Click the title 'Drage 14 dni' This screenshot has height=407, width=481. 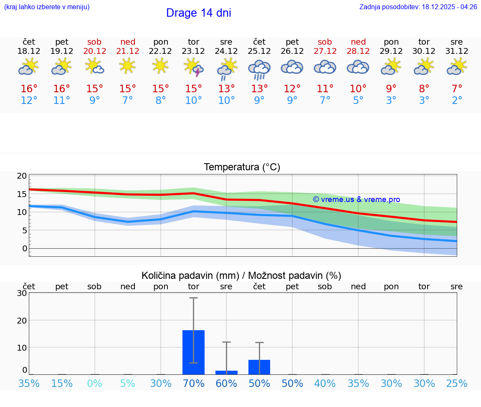198,13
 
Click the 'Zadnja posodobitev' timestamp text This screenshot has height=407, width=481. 418,7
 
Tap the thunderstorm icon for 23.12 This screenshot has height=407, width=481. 194,67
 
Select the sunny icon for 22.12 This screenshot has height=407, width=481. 161,66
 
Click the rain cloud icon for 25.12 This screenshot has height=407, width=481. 259,69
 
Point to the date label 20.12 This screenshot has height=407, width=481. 95,51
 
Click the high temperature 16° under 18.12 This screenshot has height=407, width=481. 29,89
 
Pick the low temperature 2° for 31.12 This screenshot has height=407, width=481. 457,101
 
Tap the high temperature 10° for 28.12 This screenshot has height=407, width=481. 358,89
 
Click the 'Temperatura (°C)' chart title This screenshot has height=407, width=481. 242,167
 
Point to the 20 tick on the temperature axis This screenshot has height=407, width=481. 22,176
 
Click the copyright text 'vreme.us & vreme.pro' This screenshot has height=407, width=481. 357,200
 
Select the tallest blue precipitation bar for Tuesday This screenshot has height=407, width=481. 194,352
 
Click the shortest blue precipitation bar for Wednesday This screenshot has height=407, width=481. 226,372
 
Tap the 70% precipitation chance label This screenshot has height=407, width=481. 194,384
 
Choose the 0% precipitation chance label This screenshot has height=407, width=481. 95,384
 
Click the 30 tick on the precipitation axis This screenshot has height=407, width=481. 22,293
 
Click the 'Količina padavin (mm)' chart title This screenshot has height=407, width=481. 241,276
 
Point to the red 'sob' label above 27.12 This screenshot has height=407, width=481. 325,42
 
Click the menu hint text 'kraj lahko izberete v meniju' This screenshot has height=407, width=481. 47,7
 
